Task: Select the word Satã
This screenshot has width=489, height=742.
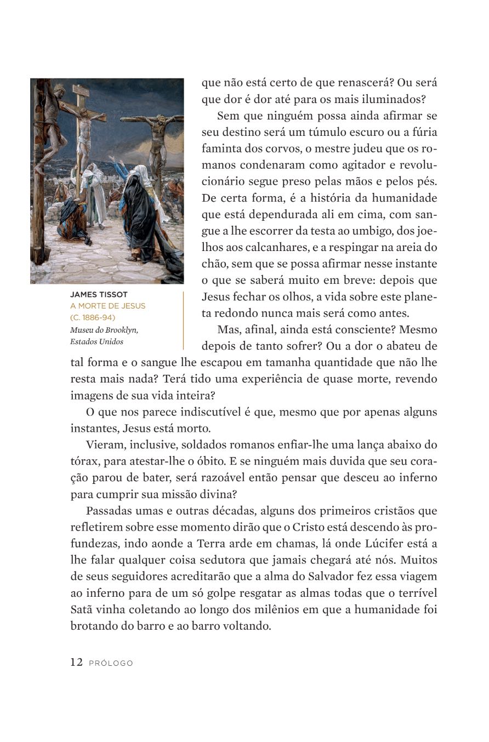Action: point(82,609)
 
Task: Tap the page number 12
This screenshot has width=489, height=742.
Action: point(76,663)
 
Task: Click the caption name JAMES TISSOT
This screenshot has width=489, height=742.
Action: point(99,294)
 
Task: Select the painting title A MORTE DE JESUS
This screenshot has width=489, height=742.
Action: point(108,306)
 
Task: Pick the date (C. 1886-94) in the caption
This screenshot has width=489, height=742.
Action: point(93,318)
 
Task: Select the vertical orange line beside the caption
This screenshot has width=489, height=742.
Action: point(183,320)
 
